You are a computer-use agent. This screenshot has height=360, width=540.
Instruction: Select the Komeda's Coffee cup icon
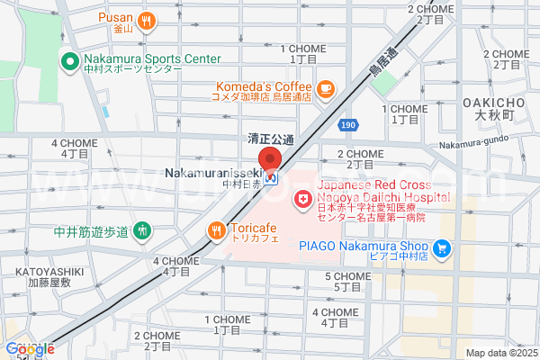click(325, 88)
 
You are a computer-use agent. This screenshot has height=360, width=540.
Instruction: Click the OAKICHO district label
click(493, 103)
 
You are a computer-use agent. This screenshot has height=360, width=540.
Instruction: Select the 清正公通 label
click(271, 139)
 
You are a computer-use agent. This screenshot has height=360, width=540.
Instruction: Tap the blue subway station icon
click(283, 178)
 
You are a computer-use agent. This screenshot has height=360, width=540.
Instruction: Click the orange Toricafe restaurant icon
click(216, 230)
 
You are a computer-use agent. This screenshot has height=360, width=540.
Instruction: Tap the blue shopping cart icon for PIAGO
click(441, 247)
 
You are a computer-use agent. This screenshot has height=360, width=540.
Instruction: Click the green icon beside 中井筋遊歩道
click(141, 230)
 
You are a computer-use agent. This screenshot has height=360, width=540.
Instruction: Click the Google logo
click(29, 349)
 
